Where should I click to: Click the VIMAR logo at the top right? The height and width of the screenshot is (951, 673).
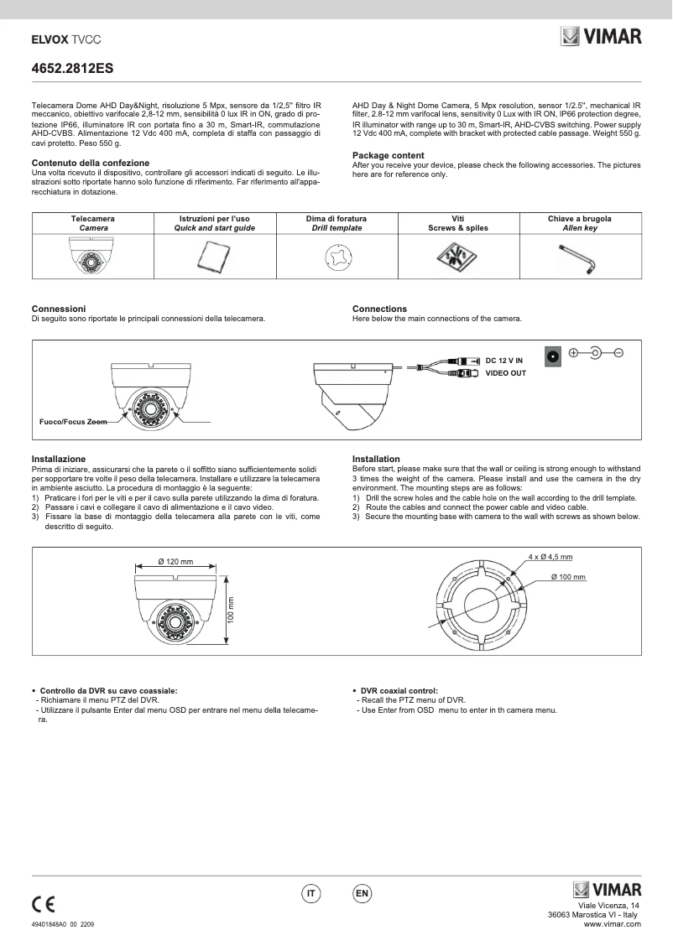click(x=601, y=37)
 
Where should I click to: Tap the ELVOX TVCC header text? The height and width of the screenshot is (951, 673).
click(x=61, y=39)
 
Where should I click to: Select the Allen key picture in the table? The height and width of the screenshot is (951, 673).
click(x=579, y=258)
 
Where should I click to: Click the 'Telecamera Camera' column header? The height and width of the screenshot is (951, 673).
click(x=92, y=223)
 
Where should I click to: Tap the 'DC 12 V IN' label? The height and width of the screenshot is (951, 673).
click(x=503, y=360)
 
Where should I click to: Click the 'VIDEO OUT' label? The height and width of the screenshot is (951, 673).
click(x=506, y=373)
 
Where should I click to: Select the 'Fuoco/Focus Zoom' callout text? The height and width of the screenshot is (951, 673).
click(x=74, y=422)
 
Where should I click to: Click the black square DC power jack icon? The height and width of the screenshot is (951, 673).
click(x=553, y=355)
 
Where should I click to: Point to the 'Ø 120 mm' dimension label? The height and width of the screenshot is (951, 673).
click(x=175, y=561)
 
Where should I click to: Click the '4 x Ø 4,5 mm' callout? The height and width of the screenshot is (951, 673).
click(x=550, y=557)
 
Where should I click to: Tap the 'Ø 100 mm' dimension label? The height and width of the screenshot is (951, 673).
click(x=568, y=578)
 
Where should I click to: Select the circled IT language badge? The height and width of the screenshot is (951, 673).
click(x=310, y=894)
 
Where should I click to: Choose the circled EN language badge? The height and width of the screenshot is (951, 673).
click(x=362, y=894)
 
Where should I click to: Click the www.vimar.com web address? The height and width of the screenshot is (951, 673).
click(x=612, y=924)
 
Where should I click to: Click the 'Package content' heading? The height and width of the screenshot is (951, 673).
click(x=388, y=155)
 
